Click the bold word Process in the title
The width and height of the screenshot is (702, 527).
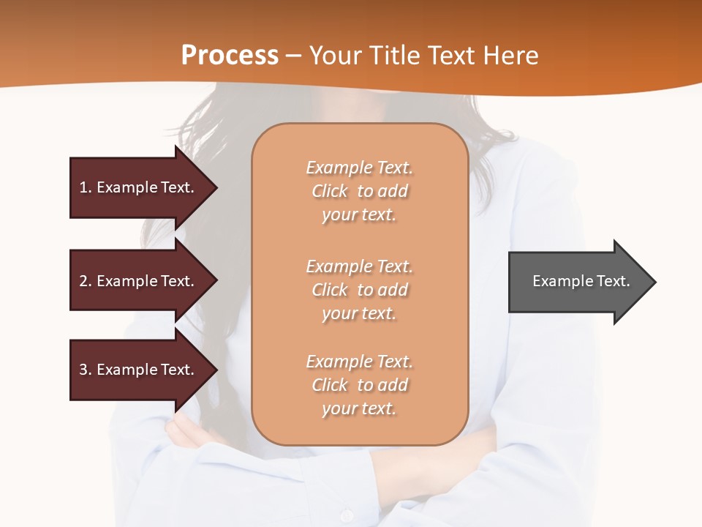[x=230, y=56]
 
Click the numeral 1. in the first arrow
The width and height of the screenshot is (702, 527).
[x=86, y=187]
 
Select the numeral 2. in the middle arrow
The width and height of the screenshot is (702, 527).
[x=86, y=281]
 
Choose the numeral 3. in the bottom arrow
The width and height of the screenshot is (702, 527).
[x=86, y=370]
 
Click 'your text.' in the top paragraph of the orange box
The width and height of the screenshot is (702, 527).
[x=359, y=215]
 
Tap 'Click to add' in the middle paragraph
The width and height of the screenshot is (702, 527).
[x=359, y=290]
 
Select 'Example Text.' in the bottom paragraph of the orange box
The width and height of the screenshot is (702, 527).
[x=359, y=362]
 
